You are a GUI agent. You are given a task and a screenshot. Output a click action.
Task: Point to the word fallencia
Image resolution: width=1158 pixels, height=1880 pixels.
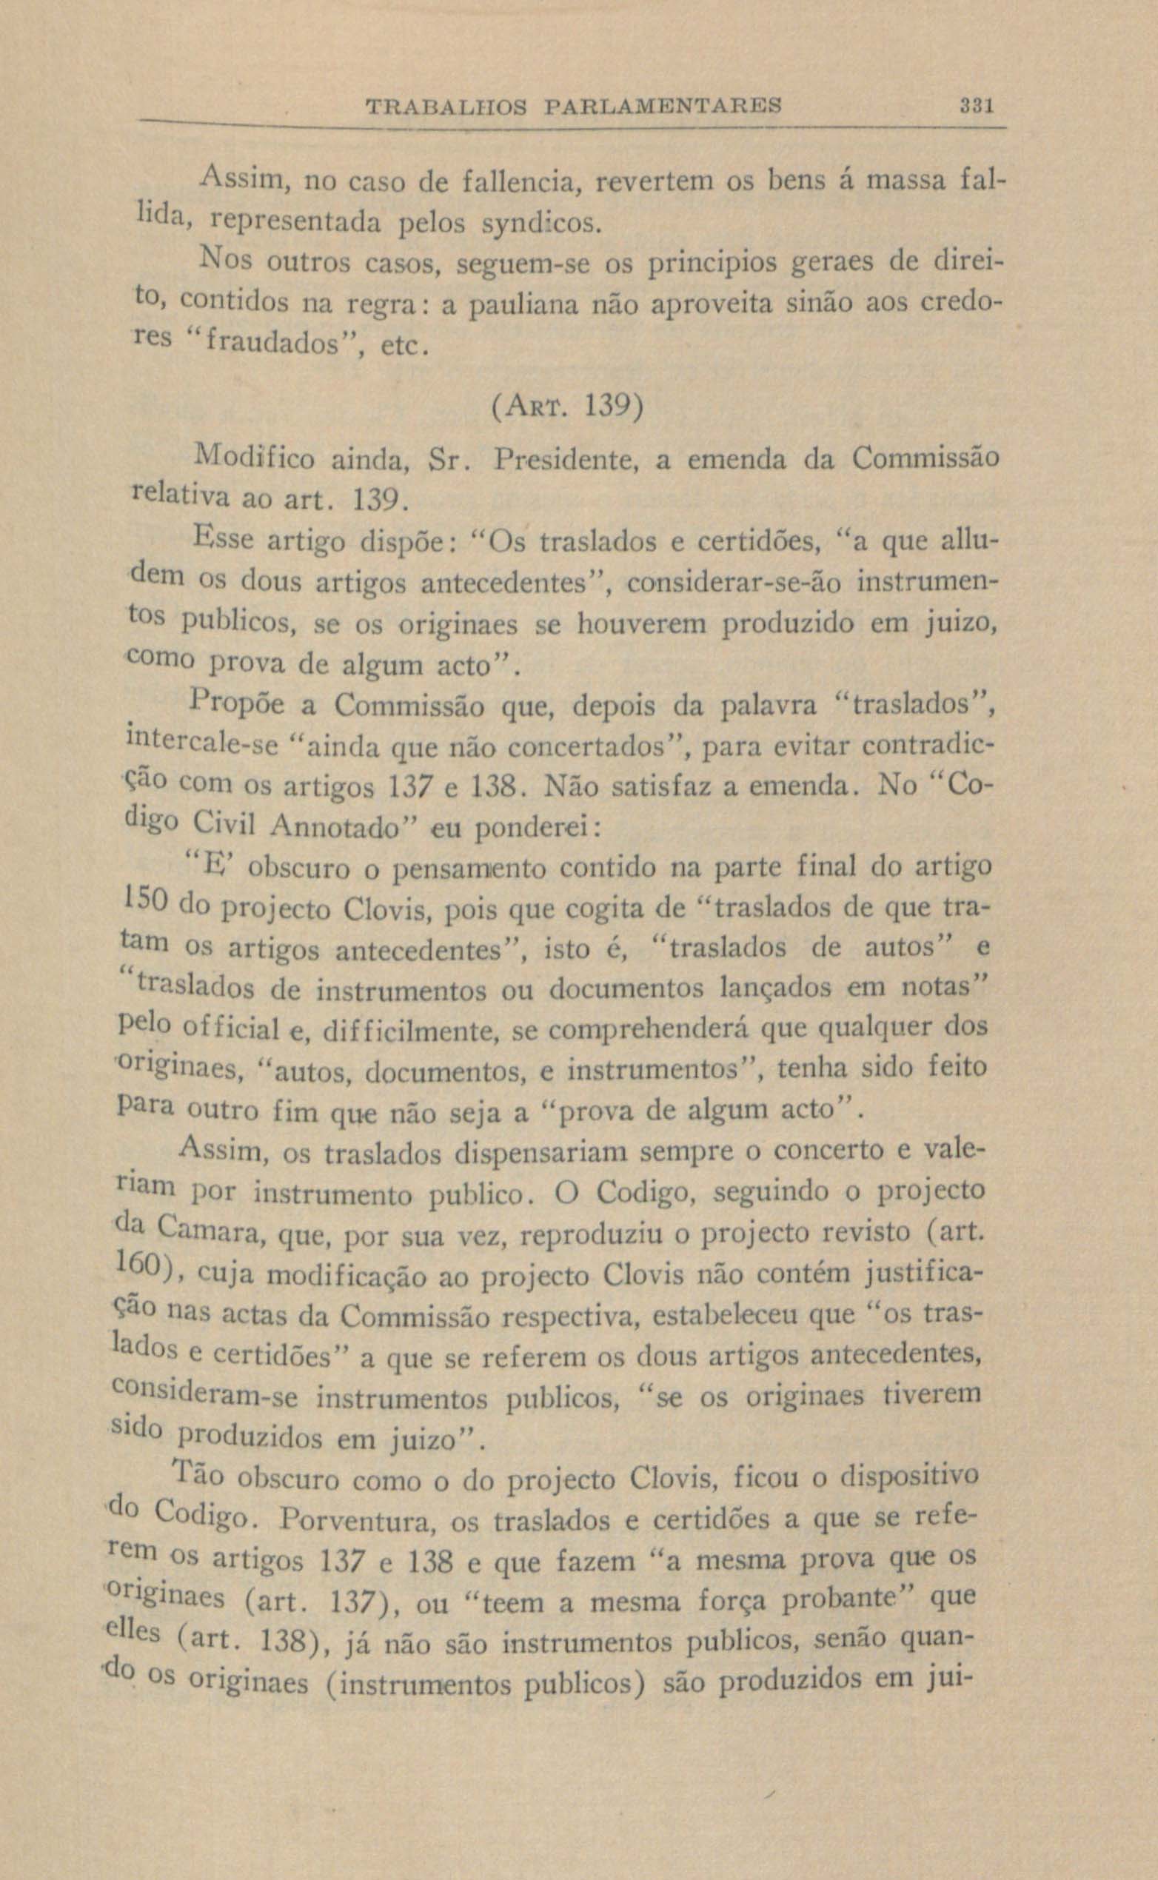pyautogui.click(x=521, y=184)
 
